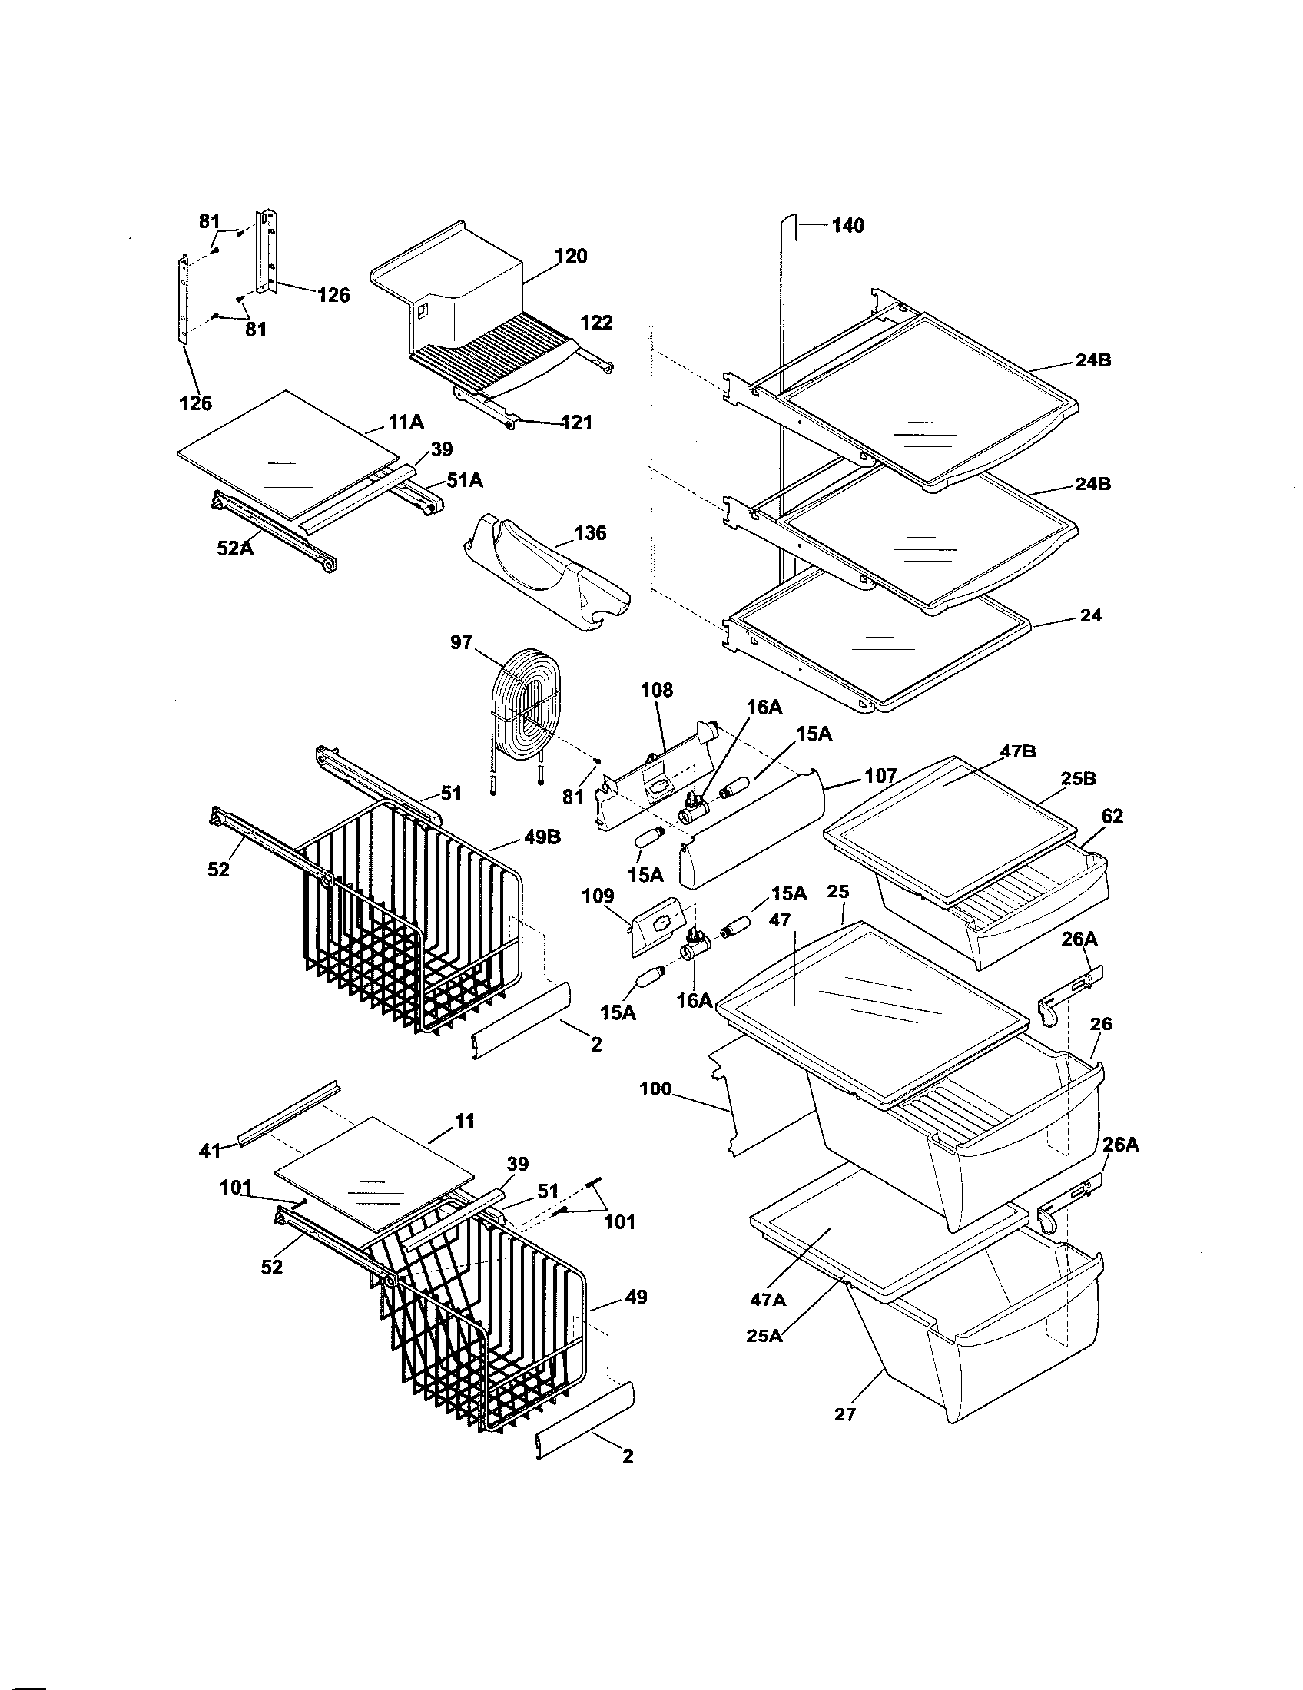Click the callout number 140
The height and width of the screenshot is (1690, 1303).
pyautogui.click(x=848, y=226)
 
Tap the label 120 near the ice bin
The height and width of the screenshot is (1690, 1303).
pyautogui.click(x=571, y=256)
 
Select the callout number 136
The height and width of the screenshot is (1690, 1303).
pyautogui.click(x=589, y=533)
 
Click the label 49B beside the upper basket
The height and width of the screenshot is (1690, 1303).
pyautogui.click(x=543, y=837)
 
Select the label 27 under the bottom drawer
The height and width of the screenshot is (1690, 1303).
pyautogui.click(x=845, y=1413)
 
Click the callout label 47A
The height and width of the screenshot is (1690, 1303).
pyautogui.click(x=768, y=1300)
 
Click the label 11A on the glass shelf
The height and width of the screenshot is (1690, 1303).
pyautogui.click(x=406, y=422)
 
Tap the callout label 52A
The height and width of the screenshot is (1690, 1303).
pyautogui.click(x=235, y=548)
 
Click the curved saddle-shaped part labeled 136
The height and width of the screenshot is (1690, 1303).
pyautogui.click(x=545, y=572)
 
